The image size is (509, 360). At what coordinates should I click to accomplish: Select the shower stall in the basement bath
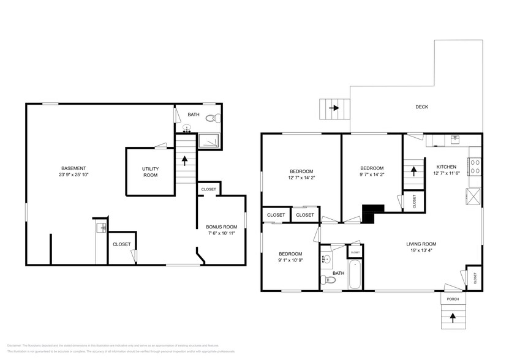[210, 140]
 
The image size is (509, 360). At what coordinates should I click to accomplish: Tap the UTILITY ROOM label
[150, 171]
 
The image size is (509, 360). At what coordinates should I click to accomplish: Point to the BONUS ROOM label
[221, 227]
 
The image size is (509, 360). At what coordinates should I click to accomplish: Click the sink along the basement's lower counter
[102, 228]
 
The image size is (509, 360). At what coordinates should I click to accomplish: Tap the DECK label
[421, 107]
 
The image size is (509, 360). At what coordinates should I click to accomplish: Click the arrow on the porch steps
[453, 317]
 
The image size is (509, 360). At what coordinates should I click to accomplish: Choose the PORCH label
[453, 299]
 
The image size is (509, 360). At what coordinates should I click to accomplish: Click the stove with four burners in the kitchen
[475, 167]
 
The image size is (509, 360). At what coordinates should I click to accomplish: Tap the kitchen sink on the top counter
[454, 140]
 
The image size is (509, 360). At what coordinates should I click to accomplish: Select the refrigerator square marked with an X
[474, 197]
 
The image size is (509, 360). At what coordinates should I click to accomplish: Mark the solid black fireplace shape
[371, 213]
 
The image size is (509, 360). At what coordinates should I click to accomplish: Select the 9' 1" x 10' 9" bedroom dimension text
[290, 261]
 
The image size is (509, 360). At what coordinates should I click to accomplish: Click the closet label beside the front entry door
[475, 277]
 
